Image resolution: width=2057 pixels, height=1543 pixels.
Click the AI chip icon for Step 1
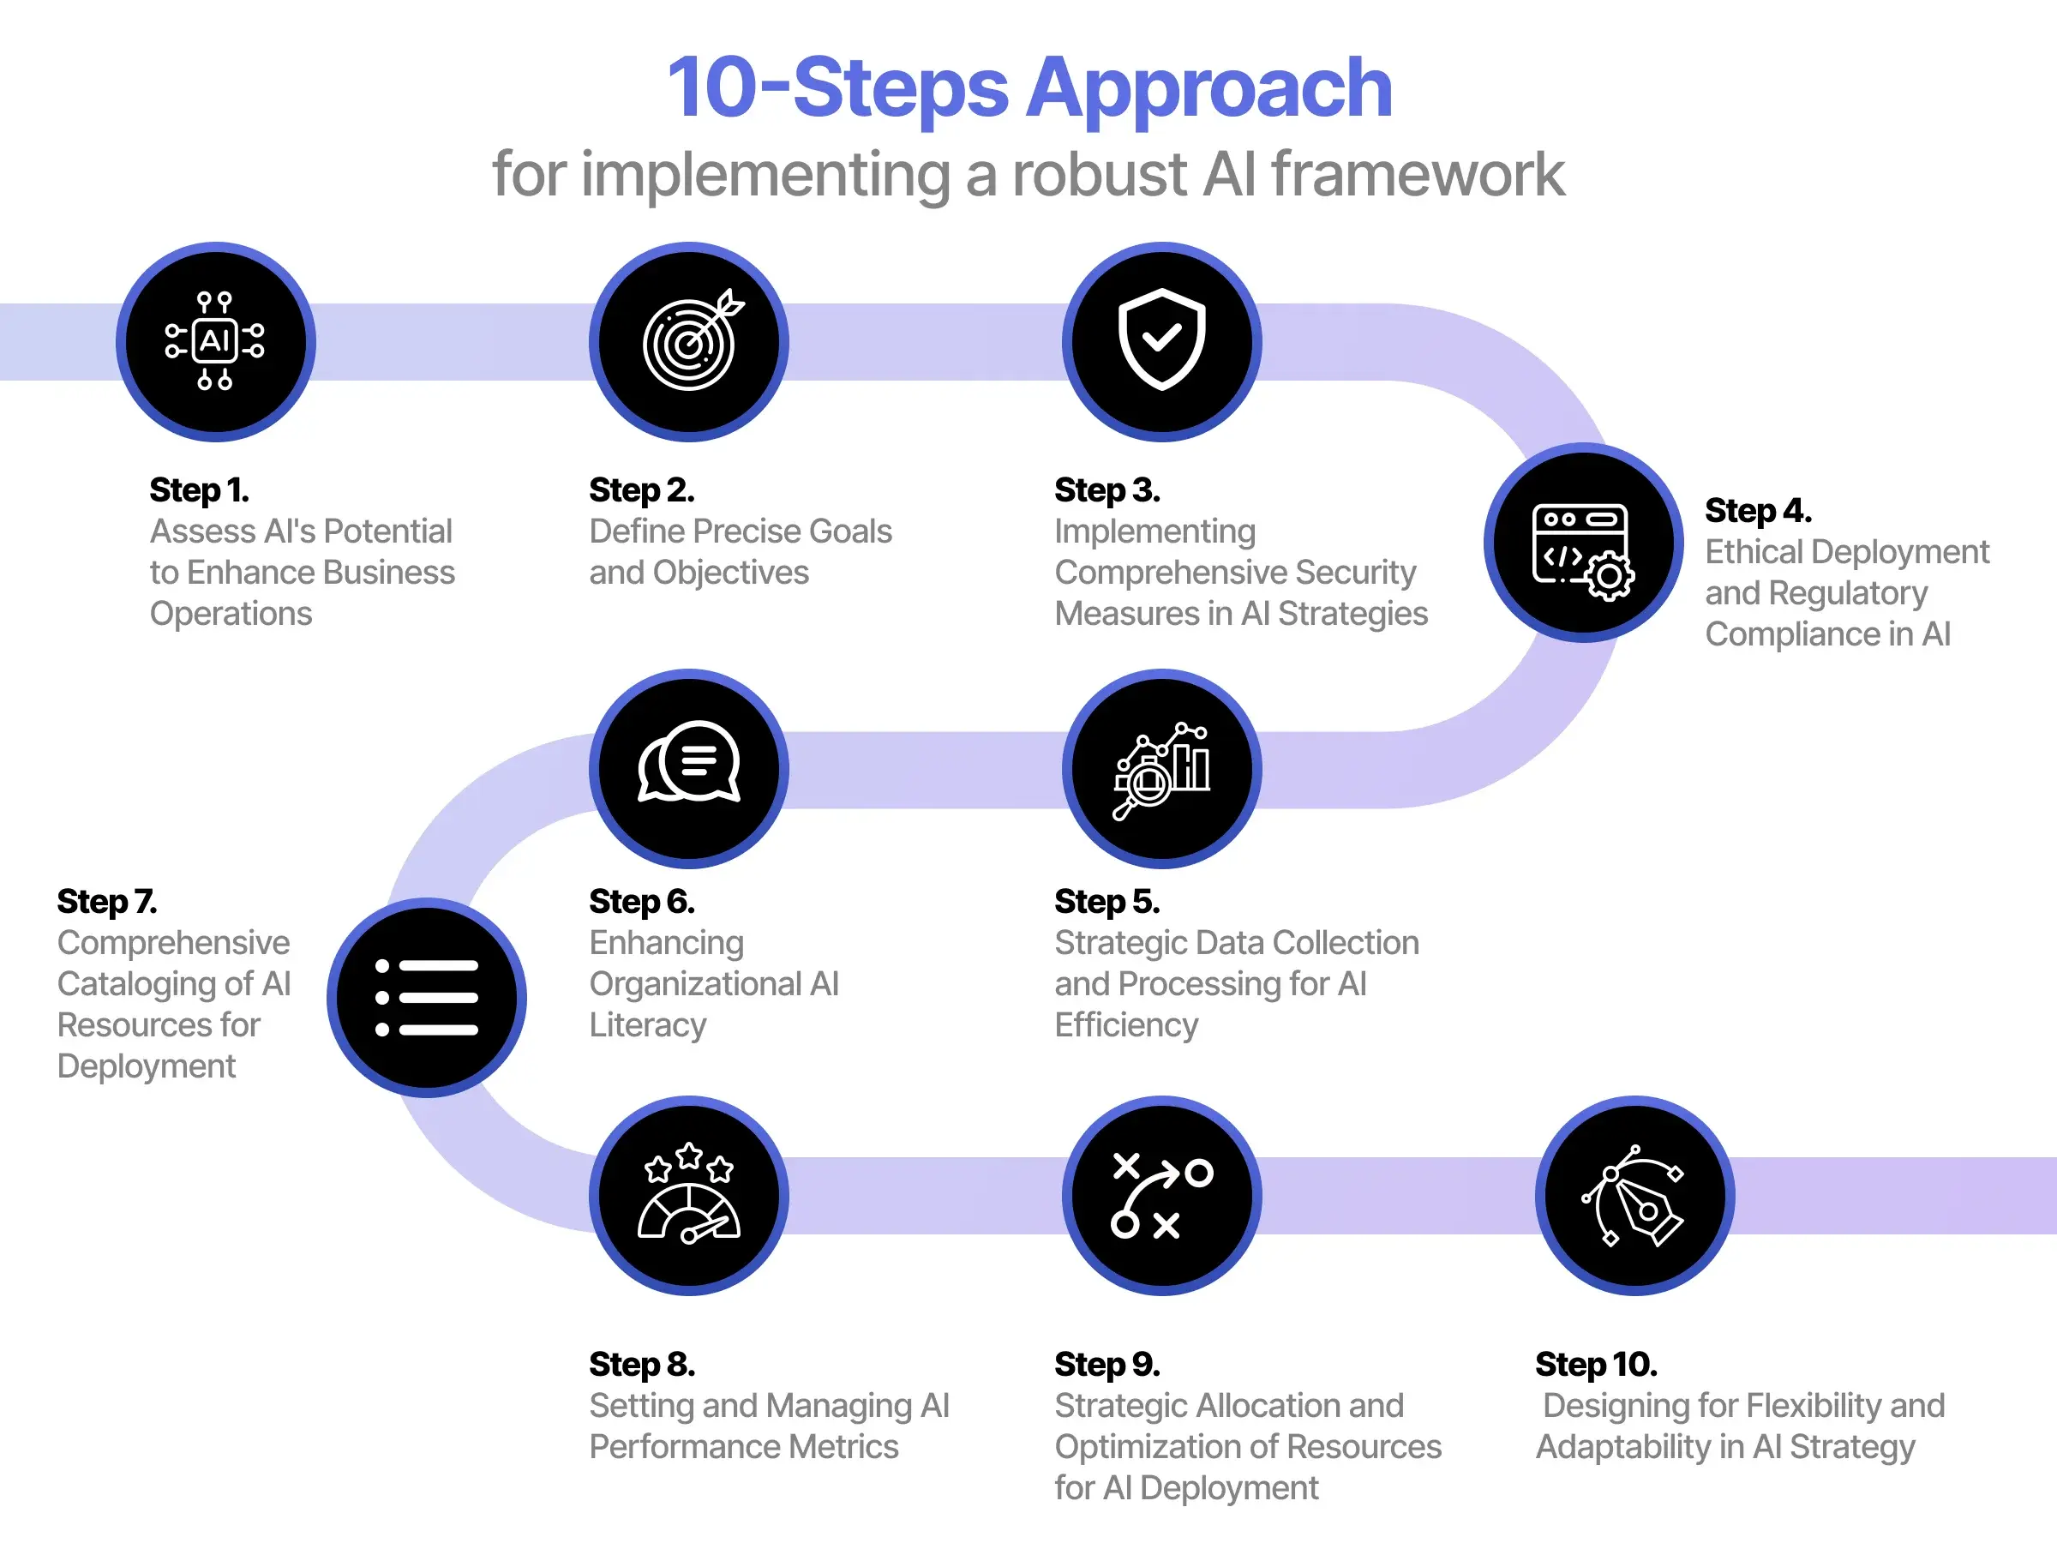click(x=215, y=341)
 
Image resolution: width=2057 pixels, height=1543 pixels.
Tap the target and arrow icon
click(x=689, y=341)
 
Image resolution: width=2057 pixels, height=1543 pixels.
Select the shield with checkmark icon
click(x=1161, y=339)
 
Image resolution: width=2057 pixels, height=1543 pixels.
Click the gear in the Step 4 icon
click(x=1609, y=577)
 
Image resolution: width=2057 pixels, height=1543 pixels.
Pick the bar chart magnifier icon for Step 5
click(x=1161, y=769)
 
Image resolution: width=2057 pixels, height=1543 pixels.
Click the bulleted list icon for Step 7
click(x=426, y=997)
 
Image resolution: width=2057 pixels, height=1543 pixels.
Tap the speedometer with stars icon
click(x=689, y=1194)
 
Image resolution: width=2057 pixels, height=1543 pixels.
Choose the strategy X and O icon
click(x=1161, y=1196)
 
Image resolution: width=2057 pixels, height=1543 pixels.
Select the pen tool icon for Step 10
click(x=1634, y=1196)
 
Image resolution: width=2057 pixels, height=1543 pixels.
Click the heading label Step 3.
click(x=1106, y=490)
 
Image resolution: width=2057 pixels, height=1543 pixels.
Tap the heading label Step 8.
click(x=642, y=1365)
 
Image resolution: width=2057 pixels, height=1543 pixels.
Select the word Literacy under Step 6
click(x=647, y=1025)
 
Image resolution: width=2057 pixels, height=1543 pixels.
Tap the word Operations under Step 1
click(x=231, y=614)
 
